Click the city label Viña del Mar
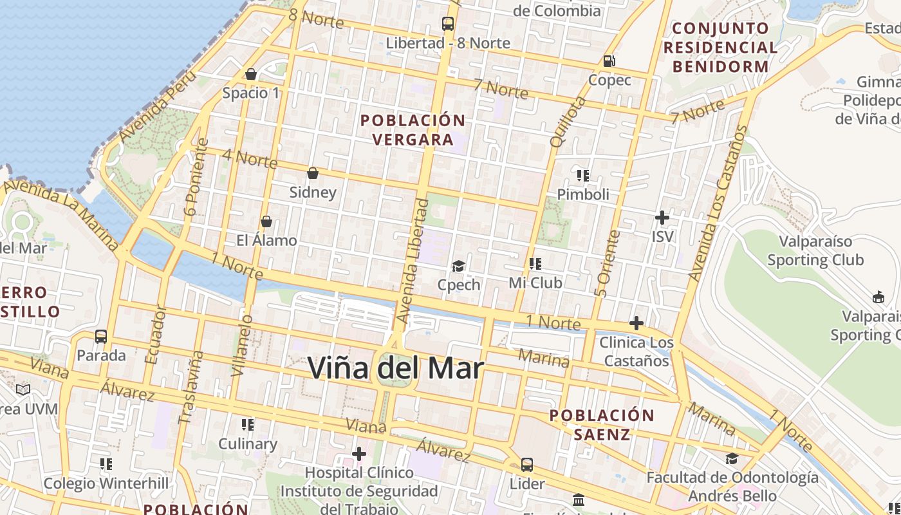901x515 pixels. (x=395, y=368)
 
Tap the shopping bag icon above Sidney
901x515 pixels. (x=313, y=173)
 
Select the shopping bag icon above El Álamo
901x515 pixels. (x=266, y=221)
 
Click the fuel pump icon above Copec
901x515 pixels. (x=609, y=61)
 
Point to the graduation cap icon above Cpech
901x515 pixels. (x=458, y=266)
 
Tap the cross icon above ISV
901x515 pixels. (x=662, y=218)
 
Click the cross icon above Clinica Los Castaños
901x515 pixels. (x=636, y=323)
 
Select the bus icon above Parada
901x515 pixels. (x=101, y=336)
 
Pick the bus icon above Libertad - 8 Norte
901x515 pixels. (x=448, y=24)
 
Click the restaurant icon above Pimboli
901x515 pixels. (x=583, y=175)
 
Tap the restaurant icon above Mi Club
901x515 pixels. (x=535, y=263)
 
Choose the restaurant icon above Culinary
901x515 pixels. (x=248, y=424)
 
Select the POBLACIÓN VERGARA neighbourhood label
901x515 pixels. (x=413, y=129)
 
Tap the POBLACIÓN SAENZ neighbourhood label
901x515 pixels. (x=602, y=424)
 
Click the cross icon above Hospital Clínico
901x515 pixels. (x=359, y=454)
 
